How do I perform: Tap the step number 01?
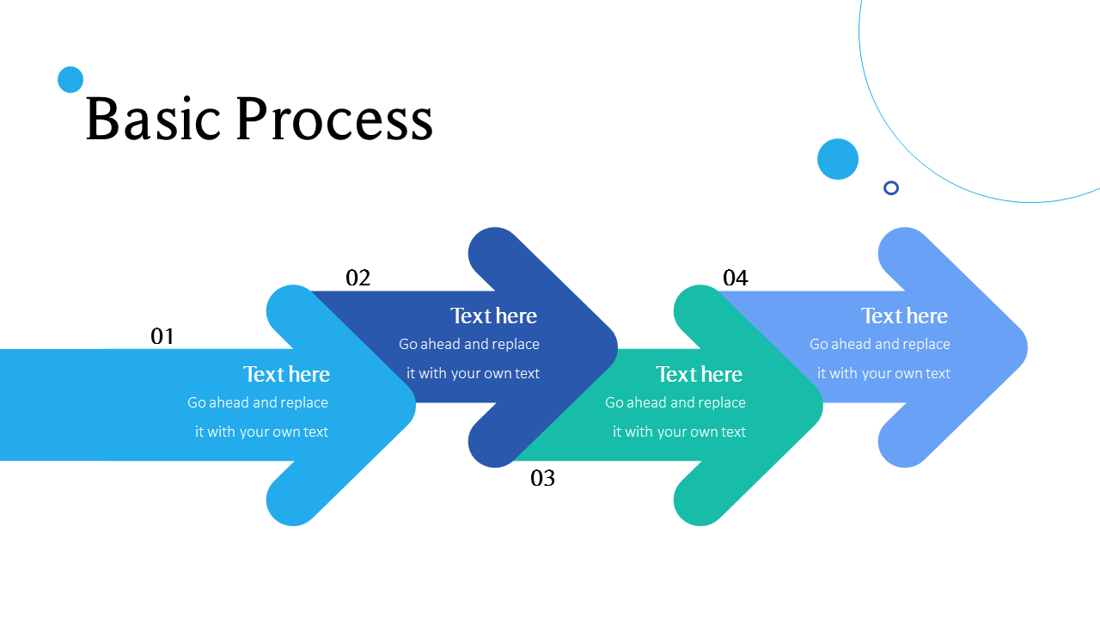(162, 336)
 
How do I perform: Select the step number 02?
(357, 278)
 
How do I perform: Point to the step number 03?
(542, 478)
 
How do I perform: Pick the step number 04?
(735, 278)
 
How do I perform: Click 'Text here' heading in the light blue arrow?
(286, 374)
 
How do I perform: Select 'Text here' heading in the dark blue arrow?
(493, 316)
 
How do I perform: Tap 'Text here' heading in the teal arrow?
(699, 374)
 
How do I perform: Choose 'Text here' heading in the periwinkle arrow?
(904, 316)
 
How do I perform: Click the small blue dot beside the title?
(70, 80)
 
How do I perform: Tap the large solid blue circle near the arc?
(838, 159)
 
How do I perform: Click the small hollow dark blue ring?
(891, 187)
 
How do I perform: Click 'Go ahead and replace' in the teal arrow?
(675, 402)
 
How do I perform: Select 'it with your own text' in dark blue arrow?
(473, 373)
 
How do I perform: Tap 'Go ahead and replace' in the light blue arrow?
(258, 402)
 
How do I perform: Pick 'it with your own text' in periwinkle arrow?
(883, 373)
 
